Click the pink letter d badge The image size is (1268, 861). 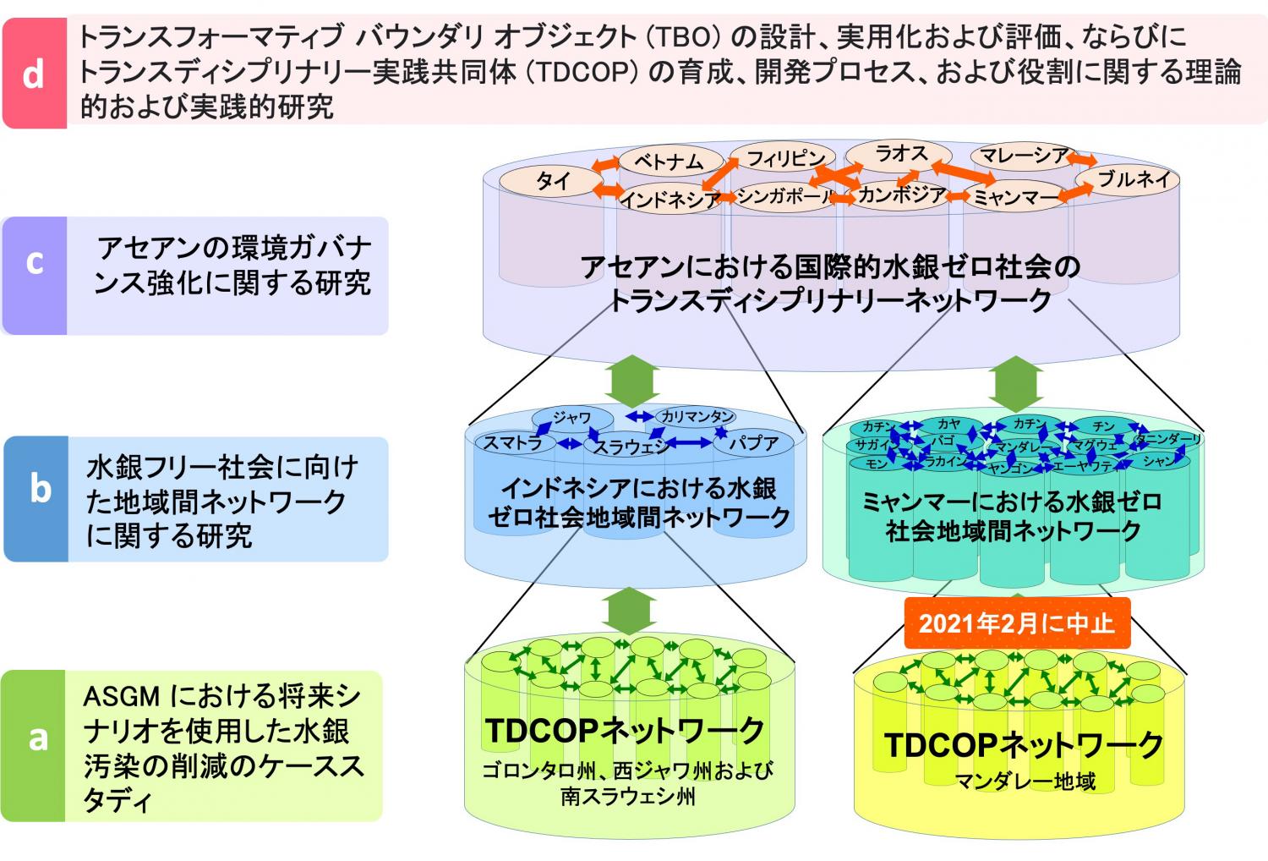click(34, 74)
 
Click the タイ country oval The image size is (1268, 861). click(552, 181)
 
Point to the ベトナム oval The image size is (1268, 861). click(668, 160)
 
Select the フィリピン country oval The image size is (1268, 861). click(784, 157)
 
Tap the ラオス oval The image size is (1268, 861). click(900, 154)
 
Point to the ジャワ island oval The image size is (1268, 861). click(572, 417)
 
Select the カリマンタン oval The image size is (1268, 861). click(696, 416)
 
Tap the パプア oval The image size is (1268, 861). click(753, 441)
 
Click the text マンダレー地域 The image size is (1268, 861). click(1025, 781)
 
